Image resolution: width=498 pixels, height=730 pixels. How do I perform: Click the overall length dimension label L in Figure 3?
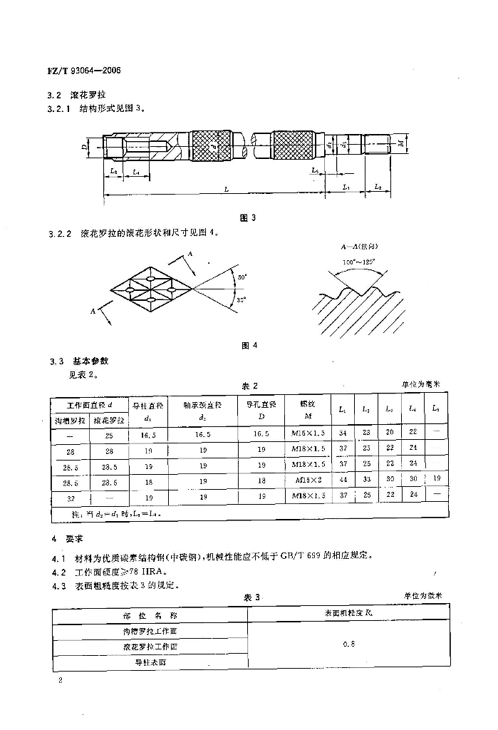point(227,190)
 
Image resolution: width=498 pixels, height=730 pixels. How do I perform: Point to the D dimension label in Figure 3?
point(83,149)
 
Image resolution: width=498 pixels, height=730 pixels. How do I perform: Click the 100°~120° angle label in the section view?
point(353,262)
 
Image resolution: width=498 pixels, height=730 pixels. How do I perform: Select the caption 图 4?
point(249,346)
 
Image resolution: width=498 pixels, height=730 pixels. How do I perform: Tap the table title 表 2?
point(249,385)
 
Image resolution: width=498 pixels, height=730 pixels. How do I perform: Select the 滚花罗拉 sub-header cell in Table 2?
point(109,420)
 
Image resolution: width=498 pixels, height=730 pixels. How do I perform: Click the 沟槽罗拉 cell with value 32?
point(70,495)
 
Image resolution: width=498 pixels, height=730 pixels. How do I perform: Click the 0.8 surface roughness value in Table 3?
point(348,645)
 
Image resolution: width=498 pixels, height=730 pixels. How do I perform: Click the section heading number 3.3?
point(56,361)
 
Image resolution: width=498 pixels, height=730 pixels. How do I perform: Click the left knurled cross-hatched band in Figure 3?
point(211,147)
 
